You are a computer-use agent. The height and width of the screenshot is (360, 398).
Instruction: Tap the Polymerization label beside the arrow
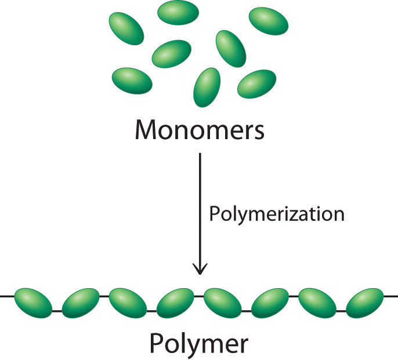tap(276, 214)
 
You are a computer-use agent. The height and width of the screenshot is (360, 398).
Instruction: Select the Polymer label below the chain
tap(199, 343)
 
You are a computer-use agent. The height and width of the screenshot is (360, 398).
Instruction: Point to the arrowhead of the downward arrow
tap(200, 267)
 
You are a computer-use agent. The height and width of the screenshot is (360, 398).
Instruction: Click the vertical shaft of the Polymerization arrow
tap(200, 209)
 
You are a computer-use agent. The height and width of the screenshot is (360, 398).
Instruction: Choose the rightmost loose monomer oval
tap(269, 21)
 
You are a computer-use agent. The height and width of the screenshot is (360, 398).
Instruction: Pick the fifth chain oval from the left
tap(223, 302)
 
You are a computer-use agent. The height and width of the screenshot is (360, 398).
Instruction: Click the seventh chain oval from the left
tap(319, 302)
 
